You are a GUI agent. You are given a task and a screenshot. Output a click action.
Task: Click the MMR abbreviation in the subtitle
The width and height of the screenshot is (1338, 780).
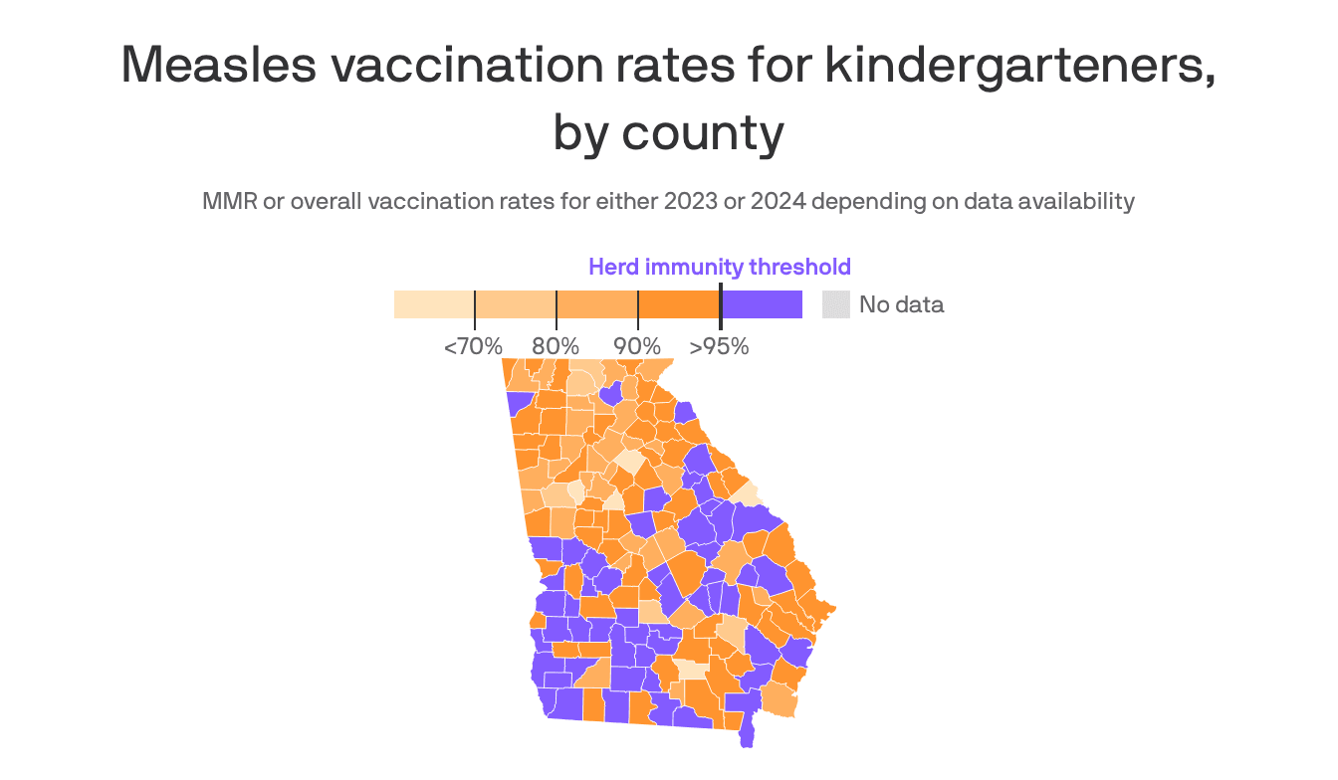coord(227,201)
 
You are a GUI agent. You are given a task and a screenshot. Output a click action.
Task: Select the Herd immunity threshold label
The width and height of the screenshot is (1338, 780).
coord(719,267)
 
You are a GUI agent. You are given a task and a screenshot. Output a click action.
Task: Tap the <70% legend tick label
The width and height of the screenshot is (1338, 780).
coord(473,347)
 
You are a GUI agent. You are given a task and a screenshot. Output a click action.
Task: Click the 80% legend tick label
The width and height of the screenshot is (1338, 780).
coord(556,347)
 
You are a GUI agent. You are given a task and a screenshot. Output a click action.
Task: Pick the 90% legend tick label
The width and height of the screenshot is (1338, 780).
coord(637,347)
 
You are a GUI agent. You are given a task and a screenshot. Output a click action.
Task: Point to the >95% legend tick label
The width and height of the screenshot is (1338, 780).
coord(719,347)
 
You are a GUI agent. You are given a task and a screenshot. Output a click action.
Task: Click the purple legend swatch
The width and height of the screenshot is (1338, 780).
coord(762,304)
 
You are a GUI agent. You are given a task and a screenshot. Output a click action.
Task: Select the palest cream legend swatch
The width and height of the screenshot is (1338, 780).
coord(434,304)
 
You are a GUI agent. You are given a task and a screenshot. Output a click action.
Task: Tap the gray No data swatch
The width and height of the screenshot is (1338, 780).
coord(835,304)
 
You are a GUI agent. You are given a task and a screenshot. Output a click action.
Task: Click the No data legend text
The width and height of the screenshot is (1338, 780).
coord(901,304)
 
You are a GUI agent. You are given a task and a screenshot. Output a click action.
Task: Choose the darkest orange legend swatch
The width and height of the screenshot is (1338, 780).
coord(678,304)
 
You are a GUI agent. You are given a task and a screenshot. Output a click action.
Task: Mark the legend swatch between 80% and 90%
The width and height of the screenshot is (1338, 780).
coord(596,304)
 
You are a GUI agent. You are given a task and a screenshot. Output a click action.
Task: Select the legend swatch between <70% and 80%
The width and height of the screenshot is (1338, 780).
coord(515,304)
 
